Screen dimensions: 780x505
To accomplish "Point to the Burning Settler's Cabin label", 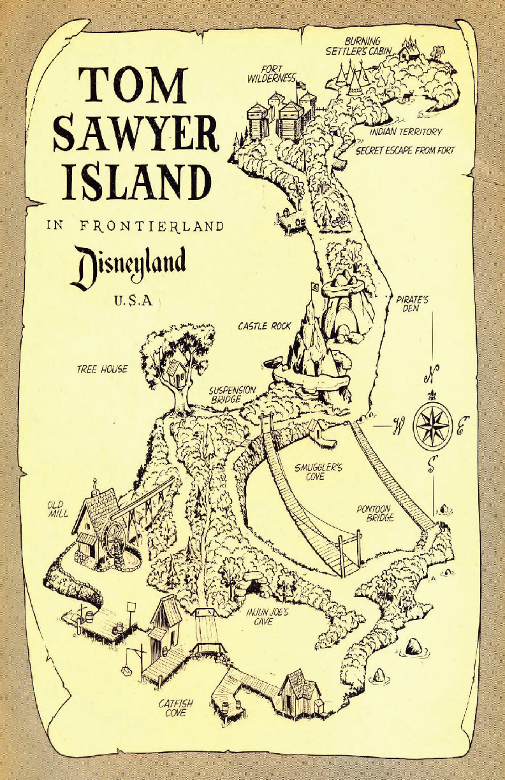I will pos(362,46).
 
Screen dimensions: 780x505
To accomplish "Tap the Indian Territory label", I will pos(406,132).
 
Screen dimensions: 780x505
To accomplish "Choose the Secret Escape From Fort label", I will pos(405,151).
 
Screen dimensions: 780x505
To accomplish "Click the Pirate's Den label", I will pos(412,303).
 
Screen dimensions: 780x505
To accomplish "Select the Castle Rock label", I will pos(265,326).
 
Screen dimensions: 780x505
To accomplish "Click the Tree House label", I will pos(102,369).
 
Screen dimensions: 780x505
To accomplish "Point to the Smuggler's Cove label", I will pos(318,472).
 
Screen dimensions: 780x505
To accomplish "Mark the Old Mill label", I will pos(57,509).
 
